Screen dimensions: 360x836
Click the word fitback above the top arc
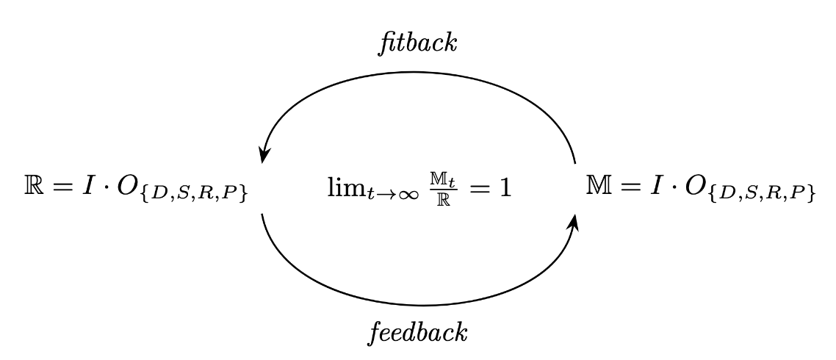417,43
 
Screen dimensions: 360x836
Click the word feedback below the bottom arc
417,331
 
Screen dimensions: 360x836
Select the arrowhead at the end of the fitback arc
264,156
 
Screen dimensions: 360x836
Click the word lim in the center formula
342,188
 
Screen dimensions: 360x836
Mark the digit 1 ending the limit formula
504,188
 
